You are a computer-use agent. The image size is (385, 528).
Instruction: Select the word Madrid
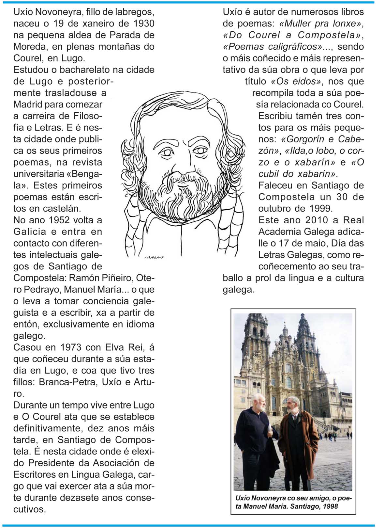tap(28, 104)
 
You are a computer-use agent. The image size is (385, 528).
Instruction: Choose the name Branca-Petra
tap(68, 382)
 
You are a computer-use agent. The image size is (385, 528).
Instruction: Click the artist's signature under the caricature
tap(154, 257)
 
